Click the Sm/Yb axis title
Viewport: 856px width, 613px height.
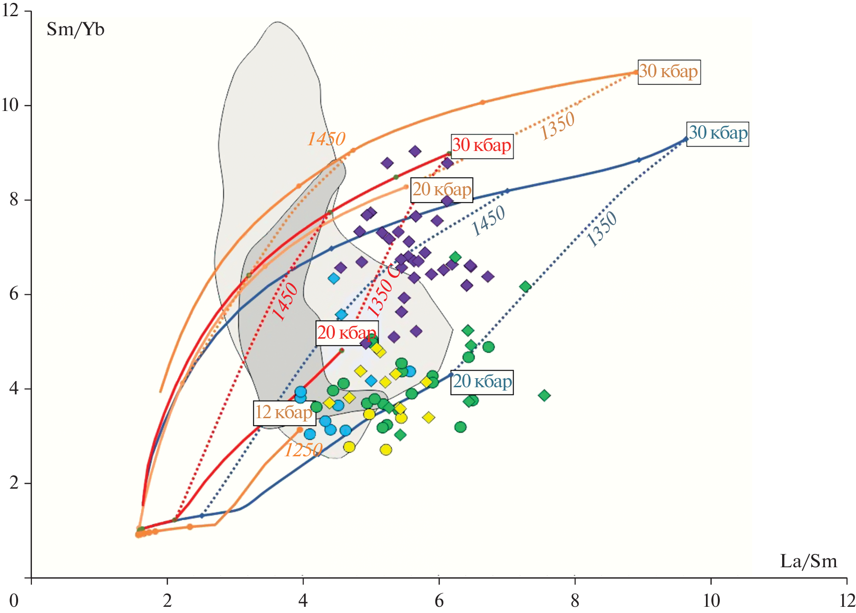[x=75, y=30]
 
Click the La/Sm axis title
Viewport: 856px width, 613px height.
[x=808, y=561]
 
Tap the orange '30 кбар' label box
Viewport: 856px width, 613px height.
[x=669, y=71]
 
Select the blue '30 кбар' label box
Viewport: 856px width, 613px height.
[x=717, y=133]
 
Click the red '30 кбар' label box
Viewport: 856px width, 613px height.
[x=482, y=145]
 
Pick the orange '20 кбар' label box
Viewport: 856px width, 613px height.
[x=442, y=190]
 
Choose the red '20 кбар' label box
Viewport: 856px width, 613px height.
[x=347, y=332]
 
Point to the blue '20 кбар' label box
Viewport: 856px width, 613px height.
[x=482, y=382]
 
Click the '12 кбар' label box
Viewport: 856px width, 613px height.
[x=284, y=412]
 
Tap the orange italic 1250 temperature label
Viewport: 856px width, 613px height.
[x=303, y=450]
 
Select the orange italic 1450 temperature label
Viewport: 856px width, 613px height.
[x=326, y=139]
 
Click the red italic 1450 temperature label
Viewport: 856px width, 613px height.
[x=285, y=302]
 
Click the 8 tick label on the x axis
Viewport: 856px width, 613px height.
[x=575, y=600]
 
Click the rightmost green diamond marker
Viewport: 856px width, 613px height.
[x=544, y=395]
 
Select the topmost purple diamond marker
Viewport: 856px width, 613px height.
[x=415, y=151]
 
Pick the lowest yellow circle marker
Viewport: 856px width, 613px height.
[x=386, y=450]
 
